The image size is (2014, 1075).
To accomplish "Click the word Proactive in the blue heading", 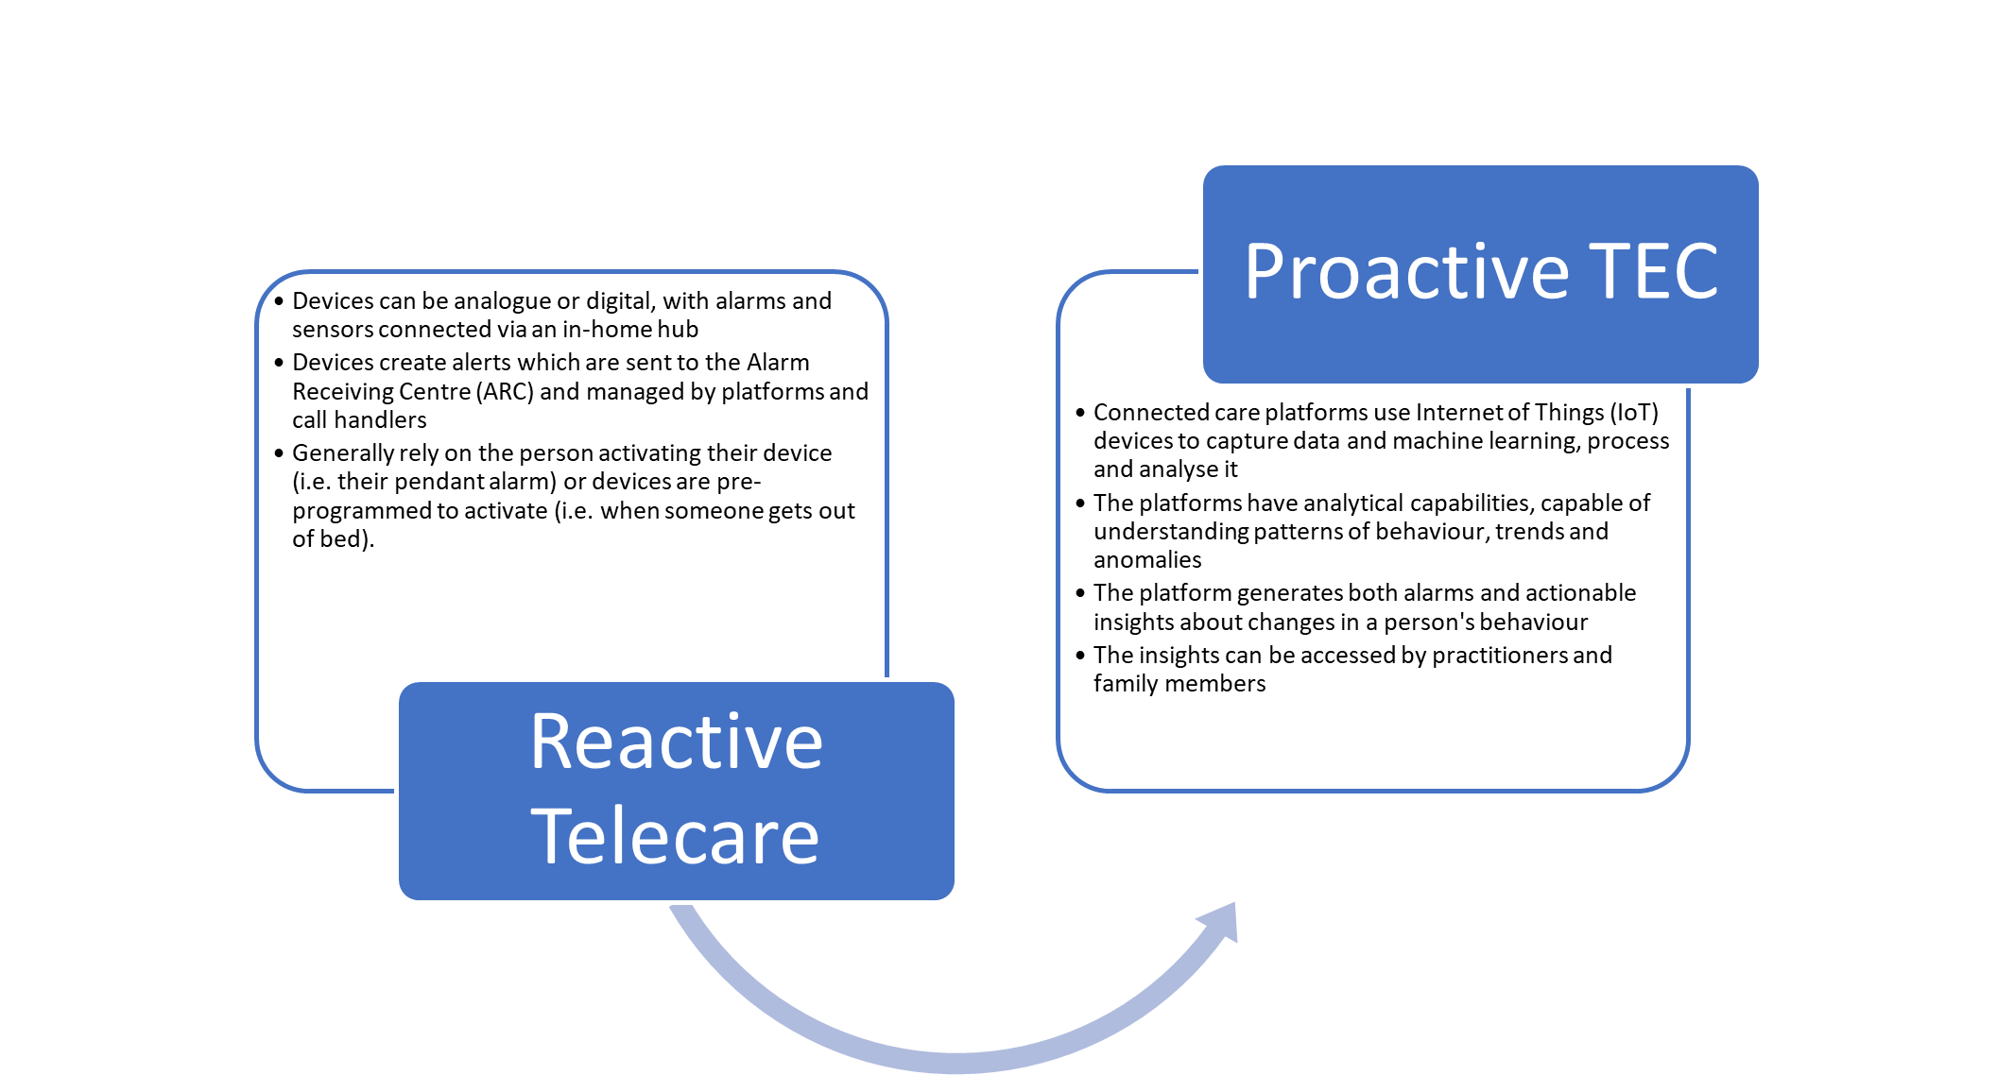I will tap(1406, 272).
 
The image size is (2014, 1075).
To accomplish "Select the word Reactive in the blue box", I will tap(676, 742).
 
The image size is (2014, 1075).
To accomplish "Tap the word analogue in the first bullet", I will tap(502, 301).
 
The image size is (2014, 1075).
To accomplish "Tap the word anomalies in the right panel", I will tap(1147, 560).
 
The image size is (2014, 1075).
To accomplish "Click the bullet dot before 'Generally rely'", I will tap(279, 453).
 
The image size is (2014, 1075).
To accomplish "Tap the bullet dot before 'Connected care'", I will tap(1080, 413).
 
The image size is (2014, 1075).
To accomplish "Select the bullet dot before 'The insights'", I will tap(1080, 656).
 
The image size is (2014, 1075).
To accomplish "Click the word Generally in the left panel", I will tap(345, 453).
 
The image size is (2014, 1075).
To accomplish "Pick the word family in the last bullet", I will tap(1125, 684).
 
